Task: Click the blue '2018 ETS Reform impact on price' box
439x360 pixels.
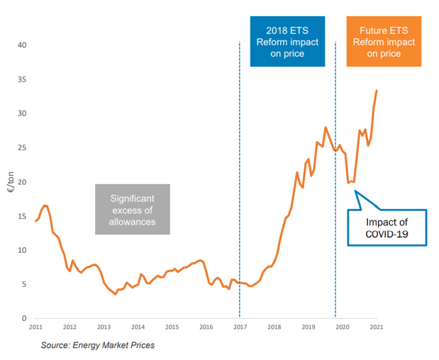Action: [287, 43]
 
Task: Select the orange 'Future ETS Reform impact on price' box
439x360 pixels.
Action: [384, 43]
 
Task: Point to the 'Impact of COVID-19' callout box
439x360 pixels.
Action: [387, 227]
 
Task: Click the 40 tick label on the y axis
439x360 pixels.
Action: [22, 45]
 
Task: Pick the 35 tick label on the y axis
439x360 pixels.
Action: [22, 79]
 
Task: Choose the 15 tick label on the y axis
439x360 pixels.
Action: [22, 216]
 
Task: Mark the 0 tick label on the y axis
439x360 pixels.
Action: [24, 319]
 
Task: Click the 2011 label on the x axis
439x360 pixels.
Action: [35, 327]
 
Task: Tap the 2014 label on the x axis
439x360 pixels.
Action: [138, 327]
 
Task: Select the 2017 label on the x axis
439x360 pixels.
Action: [240, 327]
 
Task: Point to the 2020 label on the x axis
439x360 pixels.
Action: [342, 327]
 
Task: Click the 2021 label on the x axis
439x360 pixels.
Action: [376, 327]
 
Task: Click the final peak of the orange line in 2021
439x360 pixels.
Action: [377, 91]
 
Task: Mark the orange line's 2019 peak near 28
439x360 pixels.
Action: [326, 128]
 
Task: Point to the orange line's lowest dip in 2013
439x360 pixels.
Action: [116, 294]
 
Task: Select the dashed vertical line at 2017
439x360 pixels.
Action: [240, 177]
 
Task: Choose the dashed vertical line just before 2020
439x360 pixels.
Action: [335, 177]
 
